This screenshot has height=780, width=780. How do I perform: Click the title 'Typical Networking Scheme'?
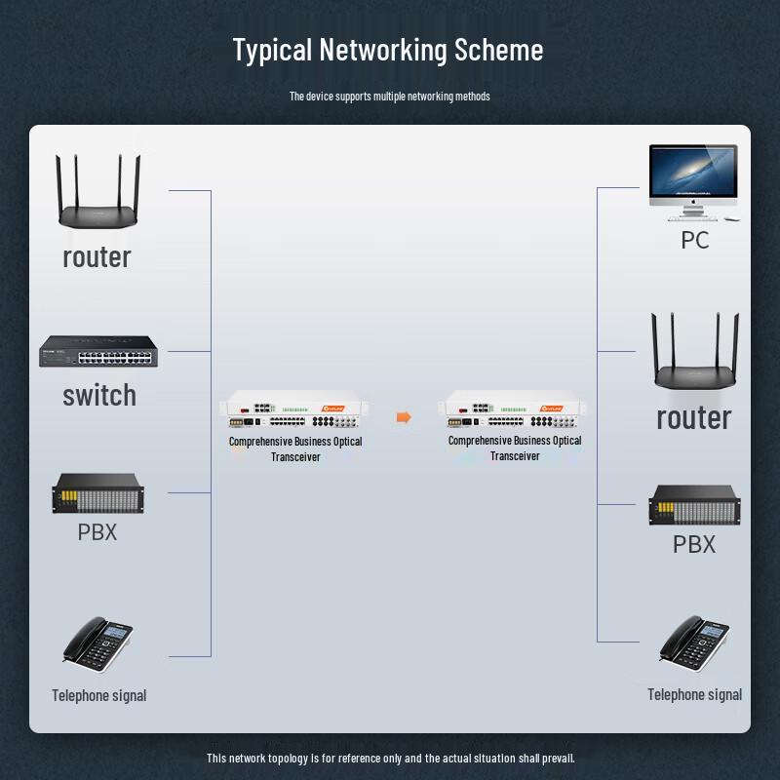pos(388,50)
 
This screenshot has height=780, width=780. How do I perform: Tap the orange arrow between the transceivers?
pos(404,417)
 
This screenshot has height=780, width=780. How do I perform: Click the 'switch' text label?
pos(98,395)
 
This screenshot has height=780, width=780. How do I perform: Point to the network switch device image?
pos(98,351)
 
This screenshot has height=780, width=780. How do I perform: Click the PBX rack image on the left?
pos(97,493)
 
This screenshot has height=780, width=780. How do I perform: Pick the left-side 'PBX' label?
pos(97,532)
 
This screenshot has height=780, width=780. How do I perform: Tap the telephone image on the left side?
pos(97,643)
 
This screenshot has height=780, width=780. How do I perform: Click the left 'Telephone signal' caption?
pos(98,695)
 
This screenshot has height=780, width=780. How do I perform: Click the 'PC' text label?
pos(694,240)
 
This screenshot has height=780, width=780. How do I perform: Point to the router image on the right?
pos(695,353)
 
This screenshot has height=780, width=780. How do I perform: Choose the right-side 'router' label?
pos(693,417)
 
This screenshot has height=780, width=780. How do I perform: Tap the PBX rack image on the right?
pos(694,505)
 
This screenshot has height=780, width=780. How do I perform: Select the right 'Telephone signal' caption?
pos(694,694)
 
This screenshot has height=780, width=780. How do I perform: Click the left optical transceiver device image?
pos(295,411)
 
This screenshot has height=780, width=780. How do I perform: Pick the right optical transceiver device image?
pos(514,411)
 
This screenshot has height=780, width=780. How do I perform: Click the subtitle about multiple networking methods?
pos(389,97)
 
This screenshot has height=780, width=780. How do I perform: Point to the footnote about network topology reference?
pos(390,758)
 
